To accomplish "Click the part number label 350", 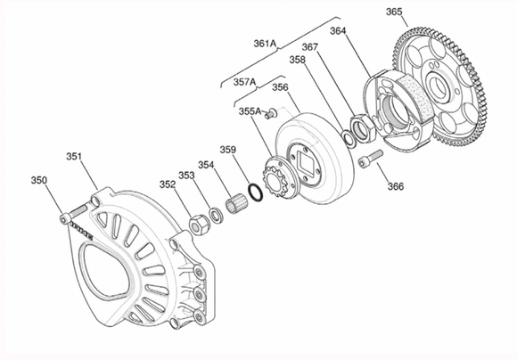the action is coord(39,180).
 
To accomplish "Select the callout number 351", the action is coord(74,156).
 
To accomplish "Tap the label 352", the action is coord(168,184).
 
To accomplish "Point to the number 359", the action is coord(228,150).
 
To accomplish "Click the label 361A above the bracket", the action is coord(265,43).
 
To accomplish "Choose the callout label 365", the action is coord(394,12).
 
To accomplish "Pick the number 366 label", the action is coord(396,186).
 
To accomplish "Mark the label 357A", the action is coord(244,82).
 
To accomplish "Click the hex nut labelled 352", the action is coord(199,225).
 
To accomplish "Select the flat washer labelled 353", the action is coord(217,215).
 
